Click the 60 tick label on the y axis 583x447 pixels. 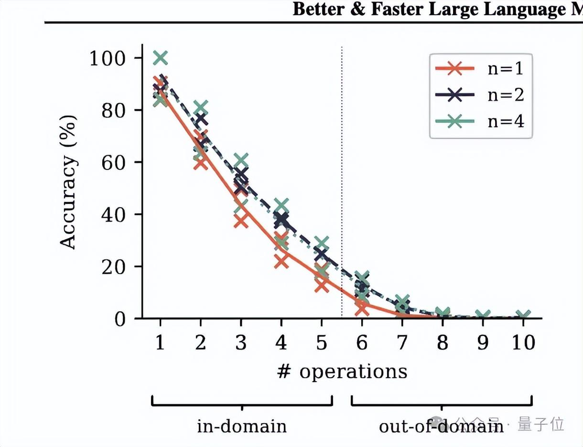coord(116,162)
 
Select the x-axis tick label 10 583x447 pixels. coord(523,343)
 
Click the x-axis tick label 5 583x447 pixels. coord(322,343)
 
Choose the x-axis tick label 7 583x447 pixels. coord(402,343)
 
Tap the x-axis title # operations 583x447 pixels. coord(342,372)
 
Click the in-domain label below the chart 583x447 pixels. coord(242,426)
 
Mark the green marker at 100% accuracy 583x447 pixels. coord(161,58)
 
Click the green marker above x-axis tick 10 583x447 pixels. coord(523,316)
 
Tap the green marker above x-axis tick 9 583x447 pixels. coord(483,316)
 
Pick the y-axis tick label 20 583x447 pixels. coord(116,266)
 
